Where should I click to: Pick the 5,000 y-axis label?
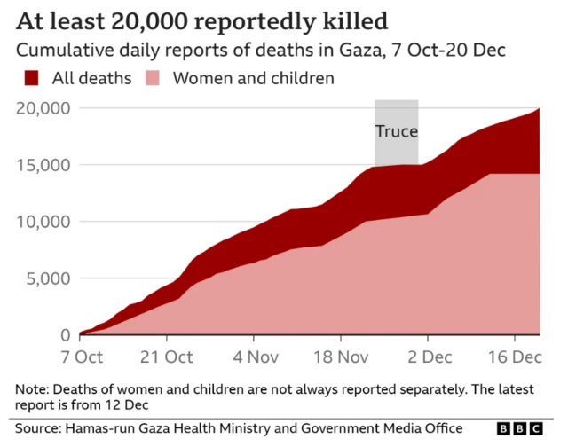(48, 278)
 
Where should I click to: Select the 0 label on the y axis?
(65, 335)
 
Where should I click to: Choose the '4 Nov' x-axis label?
(253, 357)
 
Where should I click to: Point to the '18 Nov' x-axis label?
(340, 357)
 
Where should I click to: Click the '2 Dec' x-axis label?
(427, 357)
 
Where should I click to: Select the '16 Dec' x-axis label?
(513, 357)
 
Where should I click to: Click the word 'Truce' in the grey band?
(396, 131)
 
